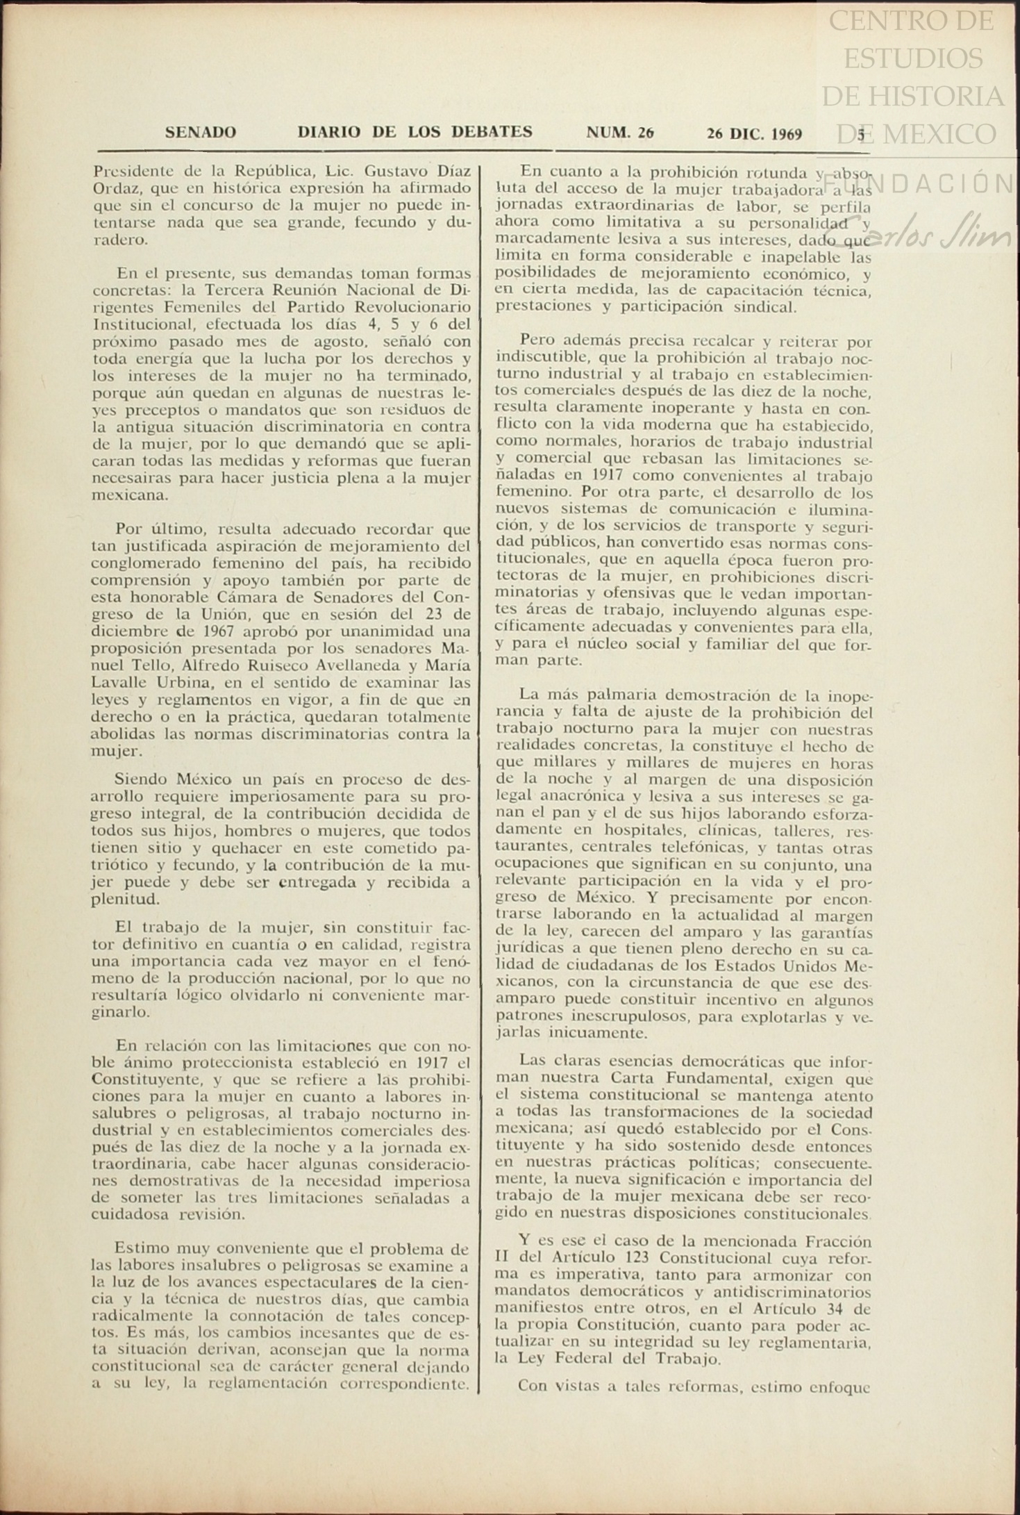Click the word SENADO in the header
point(200,132)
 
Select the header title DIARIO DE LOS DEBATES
point(415,132)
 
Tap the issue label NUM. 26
point(620,133)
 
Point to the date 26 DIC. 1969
point(754,133)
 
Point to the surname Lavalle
point(120,683)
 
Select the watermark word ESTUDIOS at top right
point(913,58)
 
